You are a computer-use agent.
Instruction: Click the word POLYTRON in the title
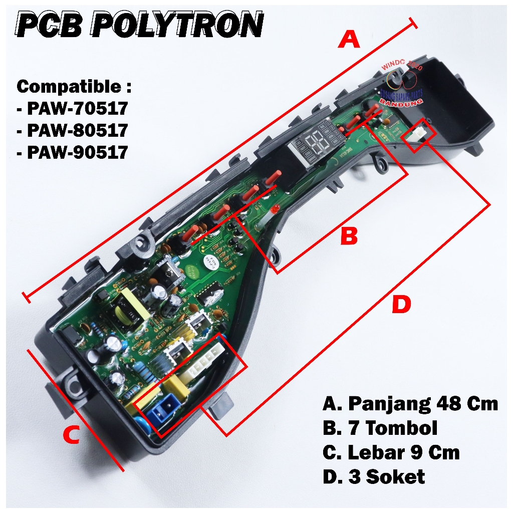[178, 24]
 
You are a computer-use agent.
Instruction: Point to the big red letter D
[401, 305]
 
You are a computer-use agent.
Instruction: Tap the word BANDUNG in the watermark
[401, 101]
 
